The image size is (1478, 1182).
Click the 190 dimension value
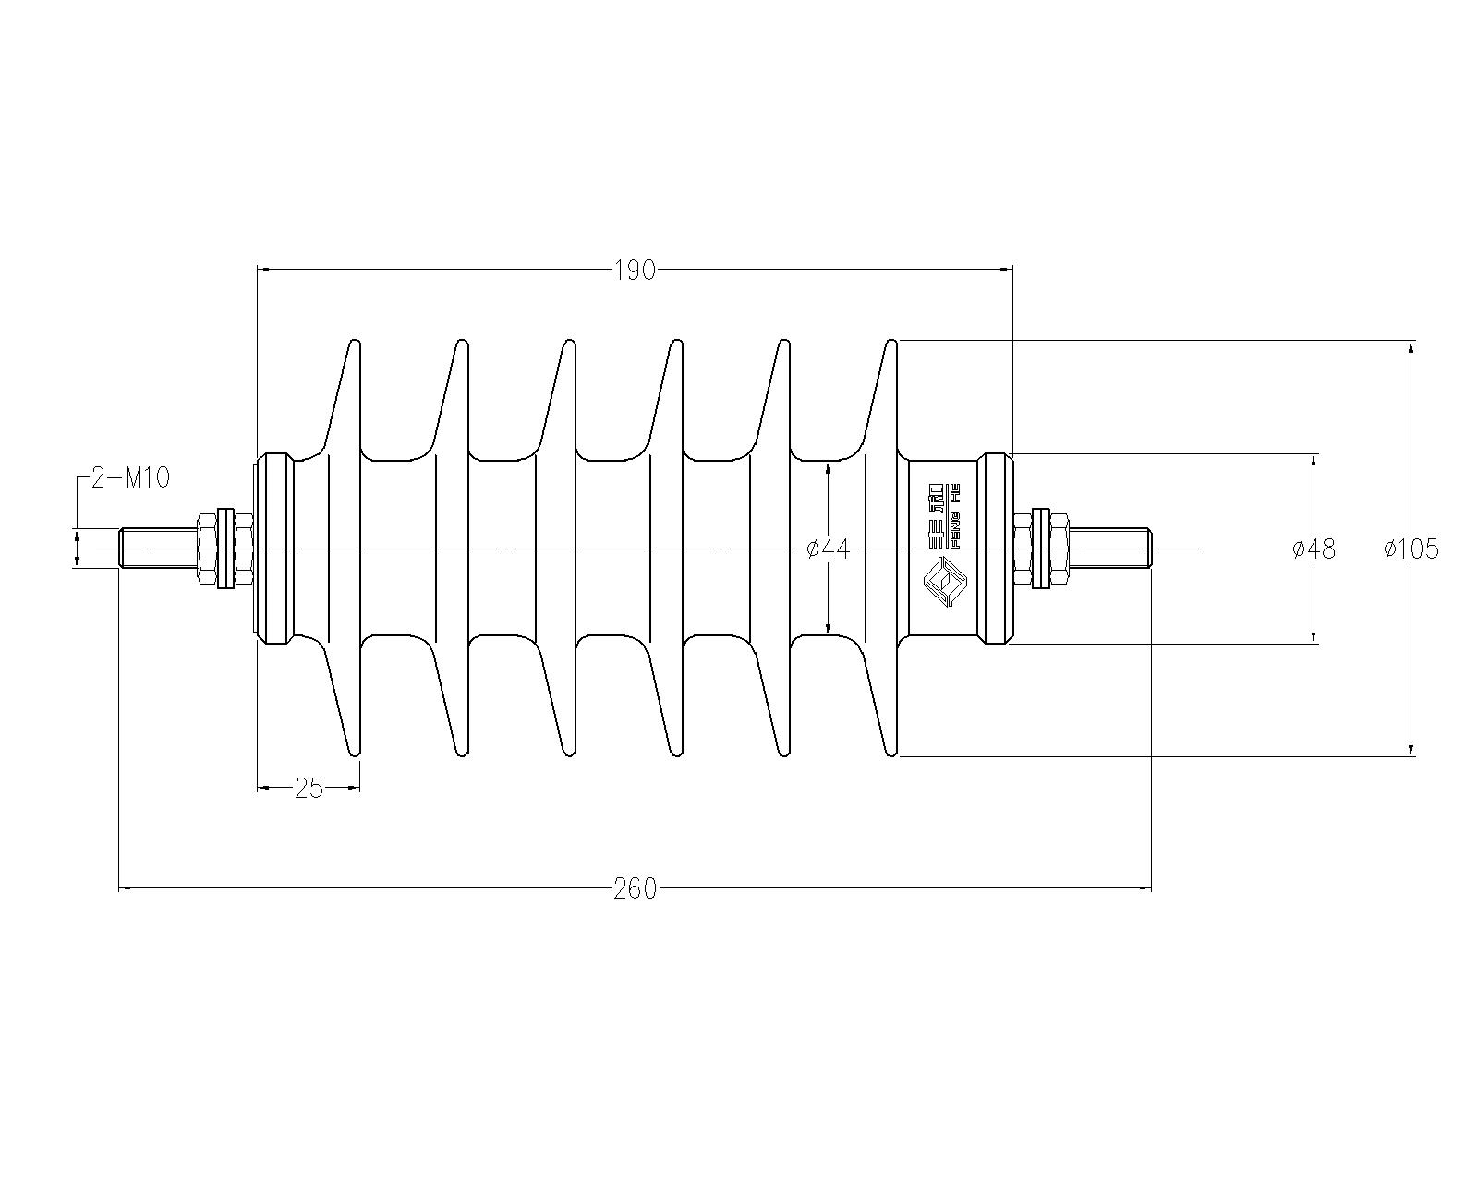636,271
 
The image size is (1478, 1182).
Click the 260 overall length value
636,889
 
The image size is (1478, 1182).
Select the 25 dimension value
309,789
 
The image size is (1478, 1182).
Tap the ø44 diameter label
829,549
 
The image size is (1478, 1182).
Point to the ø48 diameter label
1314,549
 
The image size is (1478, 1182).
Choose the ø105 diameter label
1411,549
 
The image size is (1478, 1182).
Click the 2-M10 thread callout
130,478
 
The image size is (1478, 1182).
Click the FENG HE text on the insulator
954,516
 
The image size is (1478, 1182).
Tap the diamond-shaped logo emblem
945,583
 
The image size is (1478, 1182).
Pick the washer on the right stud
1041,549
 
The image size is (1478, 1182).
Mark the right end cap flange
995,549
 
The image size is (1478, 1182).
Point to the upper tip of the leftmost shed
356,341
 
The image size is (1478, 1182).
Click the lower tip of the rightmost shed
892,754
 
